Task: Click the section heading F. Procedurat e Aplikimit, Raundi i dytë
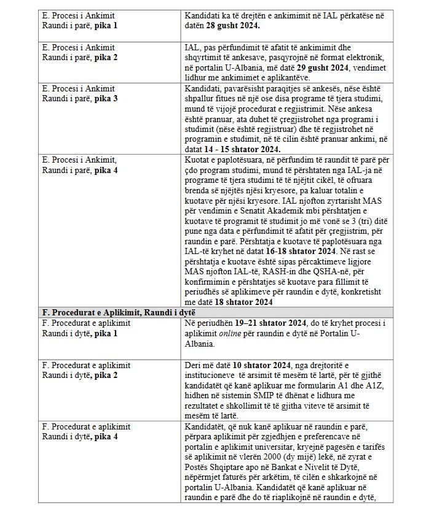point(112,313)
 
